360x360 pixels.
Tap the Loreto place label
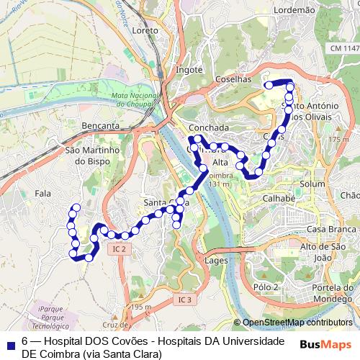tap(145, 32)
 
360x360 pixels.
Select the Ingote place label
tap(189, 70)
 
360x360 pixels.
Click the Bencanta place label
tap(101, 125)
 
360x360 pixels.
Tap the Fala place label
tap(42, 193)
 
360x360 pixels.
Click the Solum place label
tap(312, 184)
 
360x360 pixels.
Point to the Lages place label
tap(216, 259)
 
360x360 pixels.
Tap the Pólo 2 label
tap(266, 287)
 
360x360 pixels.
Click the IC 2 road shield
tap(119, 248)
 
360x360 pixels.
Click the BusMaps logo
tap(325, 344)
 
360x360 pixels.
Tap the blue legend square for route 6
tap(9, 344)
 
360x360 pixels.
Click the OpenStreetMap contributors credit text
tap(297, 323)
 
